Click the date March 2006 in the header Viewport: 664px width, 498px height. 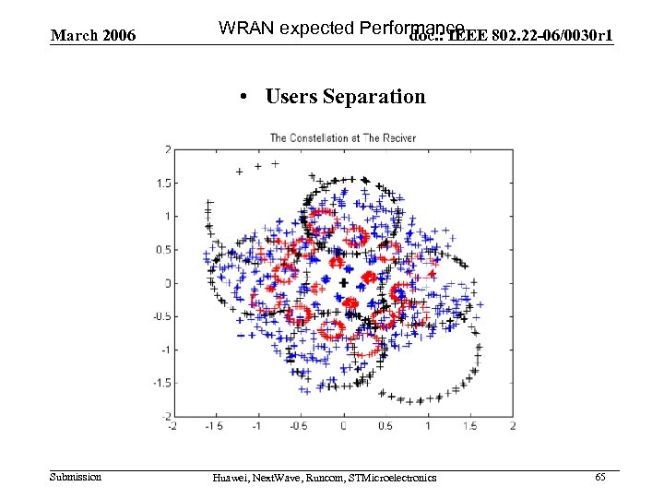[x=93, y=36]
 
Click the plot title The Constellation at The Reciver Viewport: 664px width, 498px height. [x=342, y=137]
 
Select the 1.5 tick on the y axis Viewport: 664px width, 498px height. [x=162, y=183]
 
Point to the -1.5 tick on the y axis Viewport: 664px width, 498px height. [x=160, y=383]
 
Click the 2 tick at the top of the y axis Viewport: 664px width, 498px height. [x=167, y=149]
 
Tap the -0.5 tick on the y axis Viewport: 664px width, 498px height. [x=160, y=316]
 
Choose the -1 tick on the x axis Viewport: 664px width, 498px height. [x=257, y=426]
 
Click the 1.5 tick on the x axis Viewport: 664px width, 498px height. [x=469, y=426]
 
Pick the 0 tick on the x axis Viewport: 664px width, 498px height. [x=343, y=426]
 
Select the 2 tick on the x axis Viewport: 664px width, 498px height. [x=513, y=426]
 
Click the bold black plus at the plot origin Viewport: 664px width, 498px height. [x=343, y=282]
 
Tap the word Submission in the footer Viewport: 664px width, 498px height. [x=76, y=477]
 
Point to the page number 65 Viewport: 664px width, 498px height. [x=600, y=477]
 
